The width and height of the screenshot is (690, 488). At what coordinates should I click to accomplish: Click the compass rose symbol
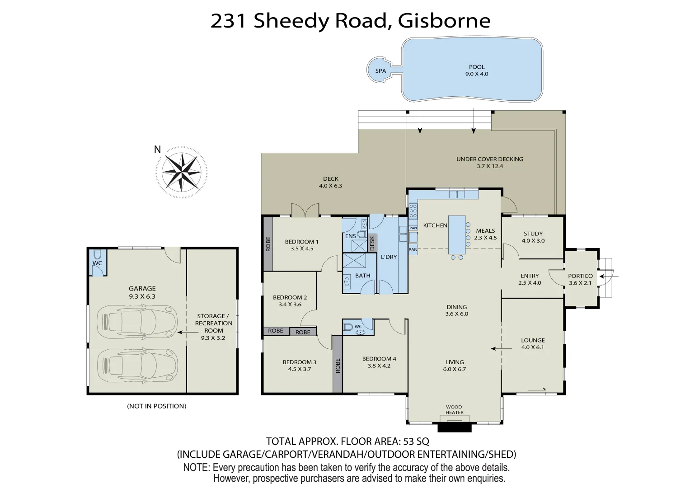(x=182, y=172)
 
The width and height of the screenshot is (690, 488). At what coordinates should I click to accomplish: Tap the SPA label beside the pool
(x=380, y=71)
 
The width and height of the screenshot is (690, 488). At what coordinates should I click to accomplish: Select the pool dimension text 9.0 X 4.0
(x=477, y=74)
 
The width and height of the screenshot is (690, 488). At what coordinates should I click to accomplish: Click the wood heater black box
(x=455, y=427)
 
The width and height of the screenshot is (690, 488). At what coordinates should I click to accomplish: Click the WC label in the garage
(x=98, y=263)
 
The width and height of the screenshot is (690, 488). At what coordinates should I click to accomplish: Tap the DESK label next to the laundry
(x=372, y=243)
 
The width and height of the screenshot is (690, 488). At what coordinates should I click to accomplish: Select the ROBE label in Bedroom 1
(x=268, y=244)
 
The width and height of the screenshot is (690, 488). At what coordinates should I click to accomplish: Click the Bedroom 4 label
(x=379, y=359)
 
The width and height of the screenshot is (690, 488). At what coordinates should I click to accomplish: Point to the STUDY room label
(x=533, y=234)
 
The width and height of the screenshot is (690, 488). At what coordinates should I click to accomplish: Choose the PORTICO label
(x=580, y=276)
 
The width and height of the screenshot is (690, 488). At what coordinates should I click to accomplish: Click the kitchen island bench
(x=457, y=235)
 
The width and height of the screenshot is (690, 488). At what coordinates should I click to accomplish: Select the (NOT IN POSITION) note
(x=157, y=406)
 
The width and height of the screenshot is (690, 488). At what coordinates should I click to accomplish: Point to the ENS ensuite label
(x=350, y=236)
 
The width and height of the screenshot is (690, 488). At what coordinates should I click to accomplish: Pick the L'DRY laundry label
(x=389, y=257)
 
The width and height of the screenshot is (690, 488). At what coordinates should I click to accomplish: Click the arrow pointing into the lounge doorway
(x=498, y=348)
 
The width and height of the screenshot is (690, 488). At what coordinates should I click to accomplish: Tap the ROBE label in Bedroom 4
(x=338, y=365)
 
